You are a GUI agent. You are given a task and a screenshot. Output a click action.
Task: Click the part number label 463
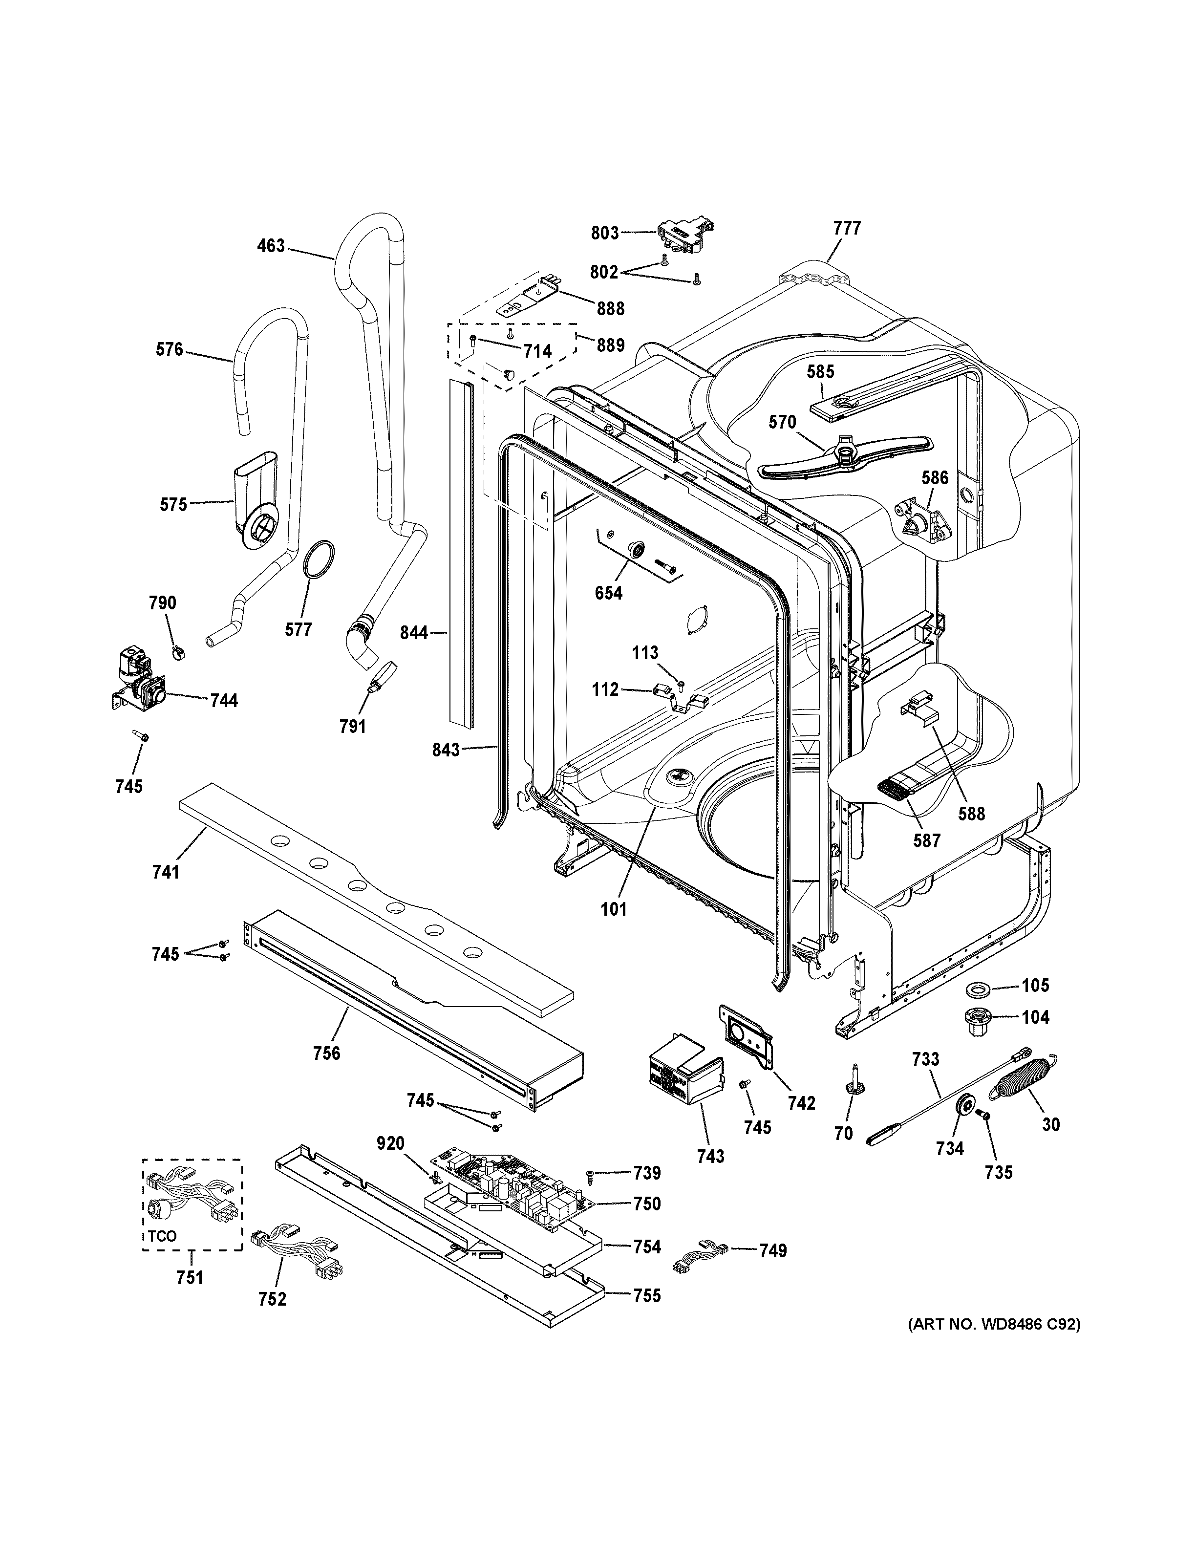(271, 246)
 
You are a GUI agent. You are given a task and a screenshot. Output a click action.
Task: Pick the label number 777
(847, 228)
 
